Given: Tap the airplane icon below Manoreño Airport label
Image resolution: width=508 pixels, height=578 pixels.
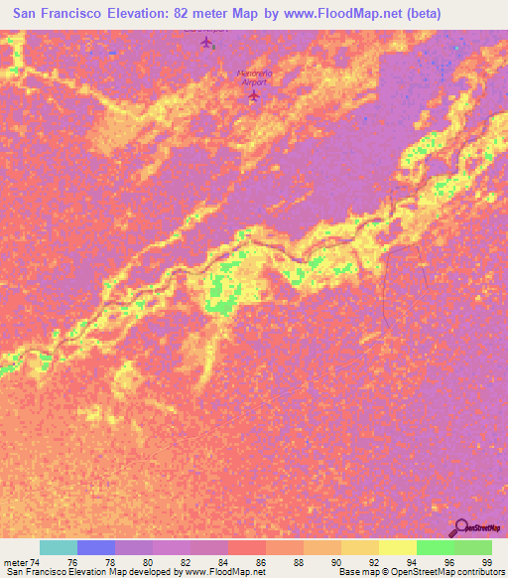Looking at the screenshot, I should click(x=252, y=96).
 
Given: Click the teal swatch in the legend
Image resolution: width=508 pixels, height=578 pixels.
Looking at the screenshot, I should click(x=59, y=547).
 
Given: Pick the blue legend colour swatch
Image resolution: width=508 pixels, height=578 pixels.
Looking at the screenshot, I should click(x=96, y=547).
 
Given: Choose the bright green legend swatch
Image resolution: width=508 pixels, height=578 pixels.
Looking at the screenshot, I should click(x=435, y=547).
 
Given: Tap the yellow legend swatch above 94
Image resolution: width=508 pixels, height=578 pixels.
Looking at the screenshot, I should click(x=397, y=547).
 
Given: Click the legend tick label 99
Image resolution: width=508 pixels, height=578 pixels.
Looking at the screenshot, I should click(x=486, y=562).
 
